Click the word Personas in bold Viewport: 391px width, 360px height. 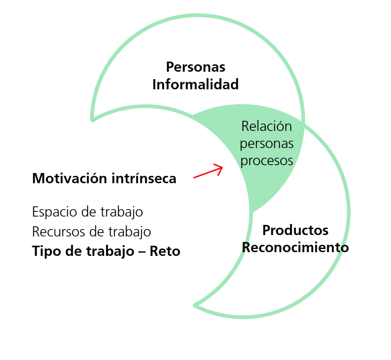click(x=195, y=67)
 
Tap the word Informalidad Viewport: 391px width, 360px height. click(x=195, y=85)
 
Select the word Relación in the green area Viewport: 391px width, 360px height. click(x=266, y=126)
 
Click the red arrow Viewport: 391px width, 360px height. click(x=208, y=172)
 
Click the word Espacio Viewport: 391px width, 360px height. click(x=52, y=212)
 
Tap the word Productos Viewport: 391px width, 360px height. click(x=295, y=230)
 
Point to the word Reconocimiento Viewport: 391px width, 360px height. click(x=295, y=248)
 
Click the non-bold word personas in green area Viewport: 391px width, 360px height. click(x=266, y=144)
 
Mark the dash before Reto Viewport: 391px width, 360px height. click(x=143, y=252)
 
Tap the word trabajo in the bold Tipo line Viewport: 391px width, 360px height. click(x=105, y=251)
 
